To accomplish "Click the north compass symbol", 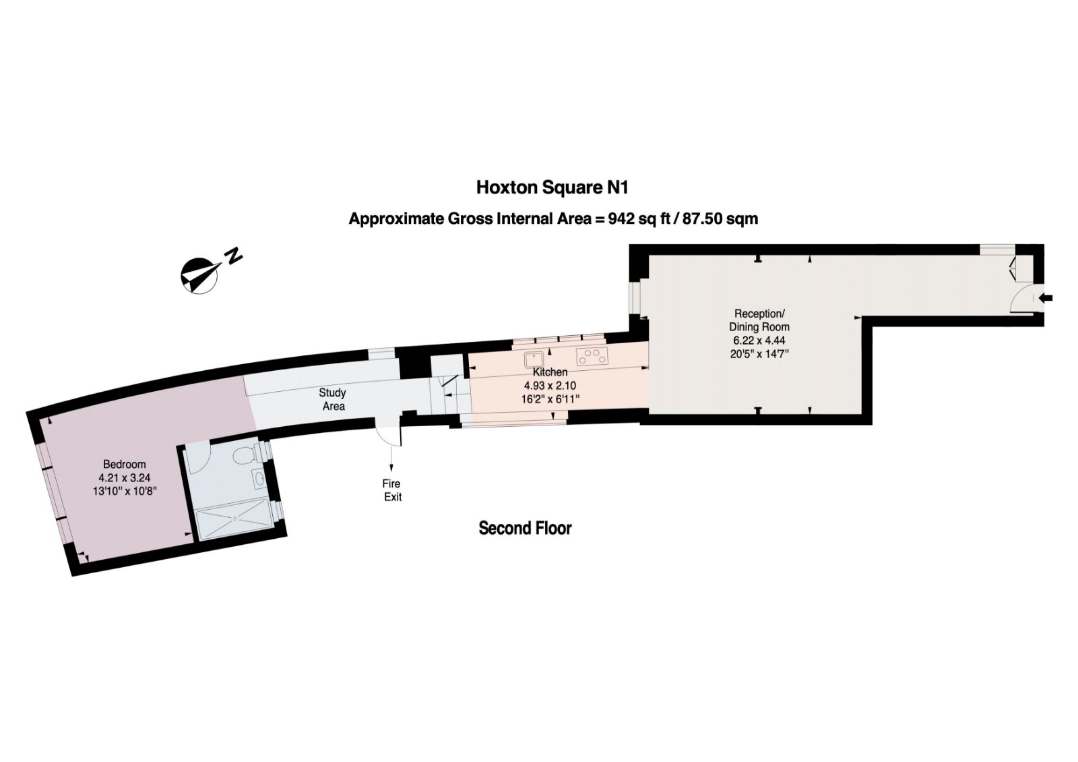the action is tap(198, 276).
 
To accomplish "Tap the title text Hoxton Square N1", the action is tap(552, 187).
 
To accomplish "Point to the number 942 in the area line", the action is tap(621, 218).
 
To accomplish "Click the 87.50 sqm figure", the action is tap(720, 218).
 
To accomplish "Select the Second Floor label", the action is tap(525, 528).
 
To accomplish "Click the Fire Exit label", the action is tap(392, 490).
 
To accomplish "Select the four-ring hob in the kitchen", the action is tap(592, 356).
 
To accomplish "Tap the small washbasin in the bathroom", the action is tap(260, 479).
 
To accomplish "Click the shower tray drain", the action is tap(235, 519).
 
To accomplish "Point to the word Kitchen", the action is tap(550, 372).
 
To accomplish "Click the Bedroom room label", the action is tap(124, 464).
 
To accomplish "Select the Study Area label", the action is tap(333, 399).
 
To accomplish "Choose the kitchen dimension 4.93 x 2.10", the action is tap(550, 385).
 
